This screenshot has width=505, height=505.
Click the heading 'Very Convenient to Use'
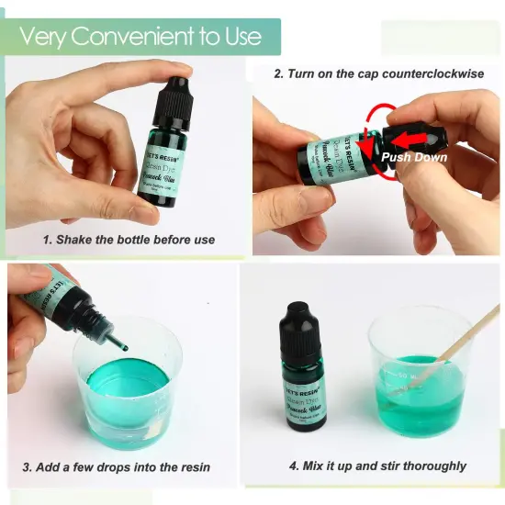(140, 37)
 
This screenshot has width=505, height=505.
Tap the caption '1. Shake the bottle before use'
(129, 240)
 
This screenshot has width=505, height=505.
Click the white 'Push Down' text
(415, 157)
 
